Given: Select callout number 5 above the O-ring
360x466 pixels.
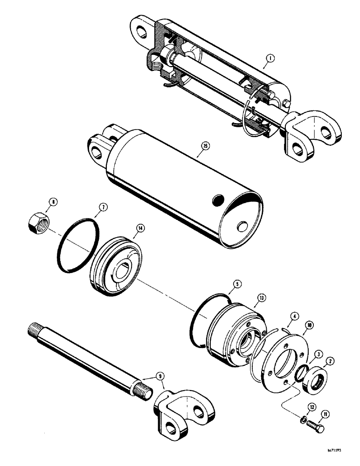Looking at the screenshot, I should [237, 282].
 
